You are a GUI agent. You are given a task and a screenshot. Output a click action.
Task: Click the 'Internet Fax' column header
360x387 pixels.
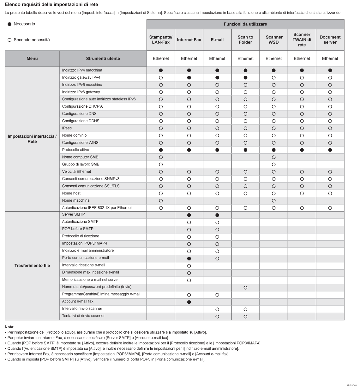click(189, 40)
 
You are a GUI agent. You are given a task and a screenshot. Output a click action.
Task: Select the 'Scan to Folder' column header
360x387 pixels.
click(245, 40)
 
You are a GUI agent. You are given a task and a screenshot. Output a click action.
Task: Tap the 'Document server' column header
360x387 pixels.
click(330, 40)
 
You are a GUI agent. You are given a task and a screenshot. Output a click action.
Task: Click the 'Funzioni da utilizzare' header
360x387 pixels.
click(245, 24)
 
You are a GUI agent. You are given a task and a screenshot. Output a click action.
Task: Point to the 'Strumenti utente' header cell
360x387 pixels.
click(103, 58)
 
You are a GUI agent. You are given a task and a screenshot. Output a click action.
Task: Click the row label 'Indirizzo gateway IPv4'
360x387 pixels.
click(81, 77)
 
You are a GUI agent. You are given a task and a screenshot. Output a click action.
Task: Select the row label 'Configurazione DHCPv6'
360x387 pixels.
click(83, 106)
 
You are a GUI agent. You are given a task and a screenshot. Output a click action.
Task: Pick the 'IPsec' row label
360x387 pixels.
click(67, 128)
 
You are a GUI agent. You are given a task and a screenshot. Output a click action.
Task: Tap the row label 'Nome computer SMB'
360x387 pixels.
click(80, 157)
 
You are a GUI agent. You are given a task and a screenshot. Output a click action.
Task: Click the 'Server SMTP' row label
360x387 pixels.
click(74, 214)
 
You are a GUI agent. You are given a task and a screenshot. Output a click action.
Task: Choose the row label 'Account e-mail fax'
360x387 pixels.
click(78, 301)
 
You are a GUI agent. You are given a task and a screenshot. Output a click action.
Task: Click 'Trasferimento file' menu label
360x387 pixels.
click(32, 265)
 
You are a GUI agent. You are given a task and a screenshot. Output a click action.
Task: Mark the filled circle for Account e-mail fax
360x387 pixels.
click(189, 302)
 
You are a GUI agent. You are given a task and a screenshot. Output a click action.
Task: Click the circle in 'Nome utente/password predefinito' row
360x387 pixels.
click(245, 288)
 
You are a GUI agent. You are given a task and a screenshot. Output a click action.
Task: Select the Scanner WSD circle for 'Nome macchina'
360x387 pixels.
click(273, 201)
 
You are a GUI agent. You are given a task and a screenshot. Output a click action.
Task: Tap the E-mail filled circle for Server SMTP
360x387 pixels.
click(217, 215)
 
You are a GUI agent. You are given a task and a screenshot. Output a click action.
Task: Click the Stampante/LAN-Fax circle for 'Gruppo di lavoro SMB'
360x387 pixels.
click(161, 164)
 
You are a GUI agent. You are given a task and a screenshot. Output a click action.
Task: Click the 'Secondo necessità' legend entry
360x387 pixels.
click(29, 40)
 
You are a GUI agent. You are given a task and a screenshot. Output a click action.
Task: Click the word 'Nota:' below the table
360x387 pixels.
click(10, 327)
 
